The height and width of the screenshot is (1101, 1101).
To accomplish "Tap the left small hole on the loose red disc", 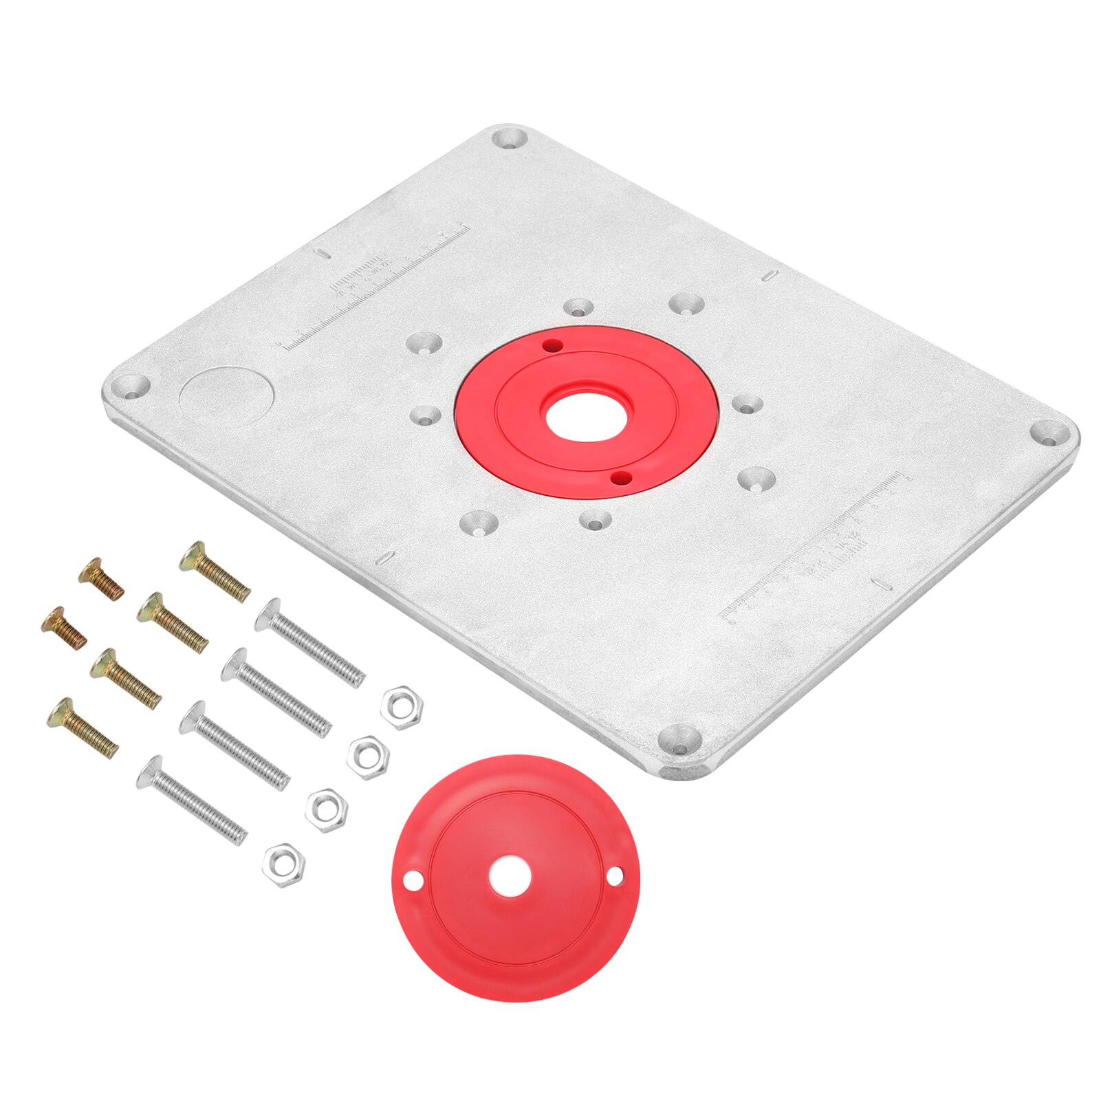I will click(x=413, y=879).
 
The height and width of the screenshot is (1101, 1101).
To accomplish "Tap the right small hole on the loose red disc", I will click(x=614, y=875).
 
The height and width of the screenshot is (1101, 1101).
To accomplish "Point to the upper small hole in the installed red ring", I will click(x=550, y=345).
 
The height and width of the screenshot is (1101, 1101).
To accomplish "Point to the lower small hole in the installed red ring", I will click(x=621, y=477).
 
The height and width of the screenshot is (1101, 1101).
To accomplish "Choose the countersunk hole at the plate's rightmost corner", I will click(x=1050, y=434).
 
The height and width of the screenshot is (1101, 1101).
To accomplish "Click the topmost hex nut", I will click(x=402, y=707).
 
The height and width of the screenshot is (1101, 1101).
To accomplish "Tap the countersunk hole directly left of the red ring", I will click(x=424, y=415).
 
